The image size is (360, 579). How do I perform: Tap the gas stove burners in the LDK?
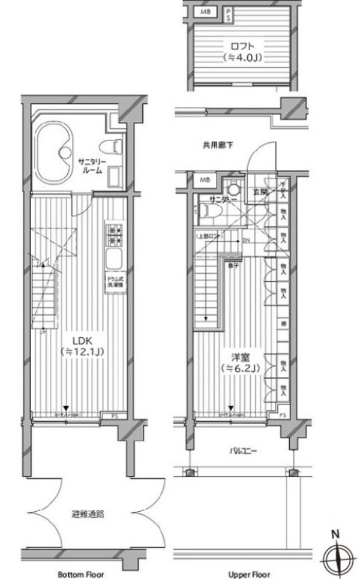[114, 235]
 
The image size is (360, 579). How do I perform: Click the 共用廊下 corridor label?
[214, 145]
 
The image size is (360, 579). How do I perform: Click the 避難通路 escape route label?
[88, 514]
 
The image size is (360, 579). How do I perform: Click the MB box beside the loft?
[206, 12]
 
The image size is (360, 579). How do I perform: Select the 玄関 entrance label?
[260, 192]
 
